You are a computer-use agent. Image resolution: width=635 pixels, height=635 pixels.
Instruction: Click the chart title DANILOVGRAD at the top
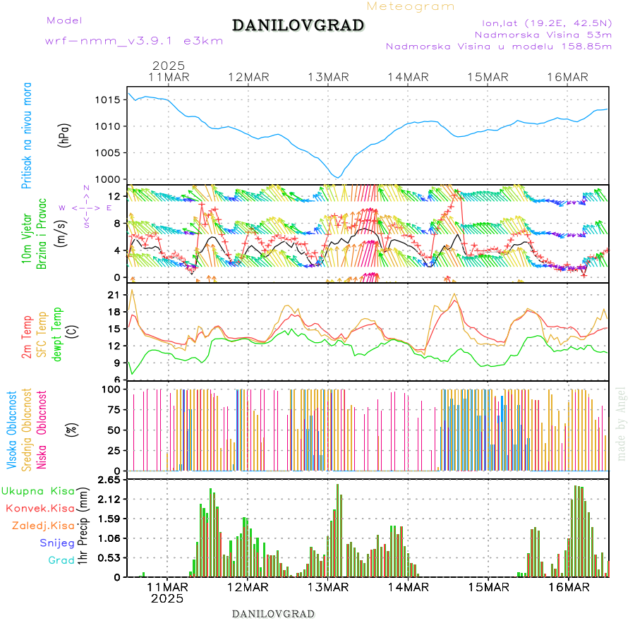click(x=298, y=26)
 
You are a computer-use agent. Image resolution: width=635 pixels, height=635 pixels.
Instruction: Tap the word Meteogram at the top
click(x=411, y=6)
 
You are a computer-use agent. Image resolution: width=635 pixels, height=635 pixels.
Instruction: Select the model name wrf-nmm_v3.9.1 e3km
click(x=134, y=41)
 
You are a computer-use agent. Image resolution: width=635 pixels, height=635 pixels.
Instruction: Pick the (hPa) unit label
click(x=65, y=135)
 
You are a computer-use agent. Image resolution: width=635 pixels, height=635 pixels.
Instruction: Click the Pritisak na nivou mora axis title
click(x=28, y=135)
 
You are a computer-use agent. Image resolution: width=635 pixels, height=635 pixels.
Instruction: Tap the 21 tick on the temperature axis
click(x=113, y=294)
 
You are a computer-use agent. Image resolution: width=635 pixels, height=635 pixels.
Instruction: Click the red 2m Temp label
click(x=27, y=337)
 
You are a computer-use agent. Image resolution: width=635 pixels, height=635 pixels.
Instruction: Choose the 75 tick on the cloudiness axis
click(x=112, y=409)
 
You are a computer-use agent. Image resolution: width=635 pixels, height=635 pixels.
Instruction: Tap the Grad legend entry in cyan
click(x=61, y=560)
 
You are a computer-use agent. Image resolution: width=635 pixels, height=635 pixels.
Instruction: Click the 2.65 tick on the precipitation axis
click(x=109, y=480)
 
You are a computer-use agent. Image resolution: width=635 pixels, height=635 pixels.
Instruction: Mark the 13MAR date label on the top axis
click(x=328, y=77)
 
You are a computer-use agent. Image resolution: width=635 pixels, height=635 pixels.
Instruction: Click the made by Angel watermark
click(x=622, y=423)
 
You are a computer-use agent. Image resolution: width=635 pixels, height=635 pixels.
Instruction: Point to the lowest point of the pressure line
click(x=339, y=177)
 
